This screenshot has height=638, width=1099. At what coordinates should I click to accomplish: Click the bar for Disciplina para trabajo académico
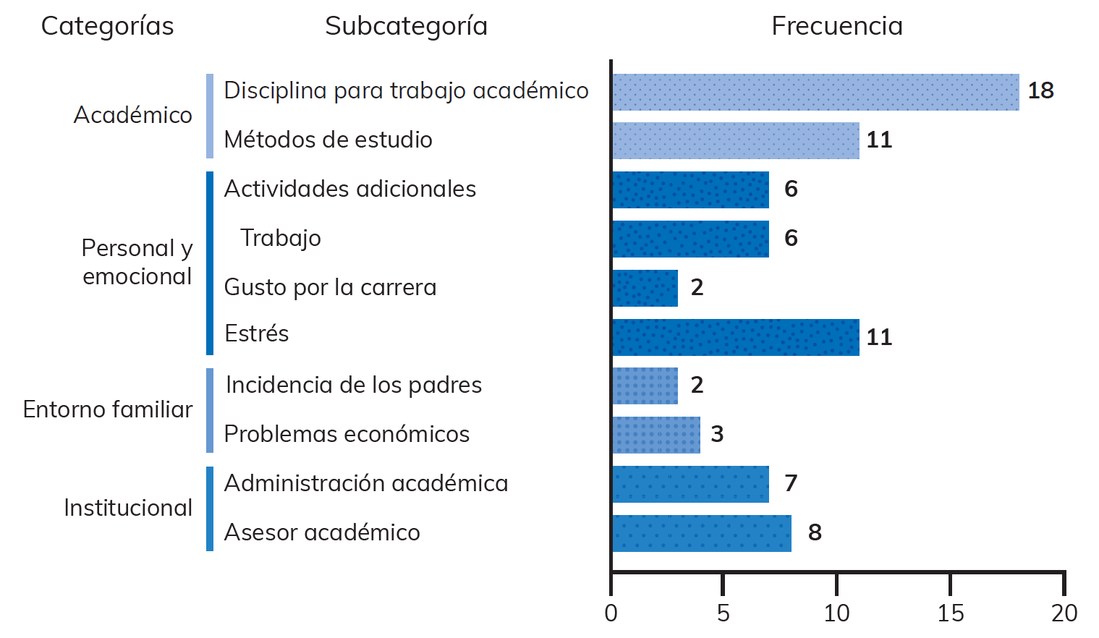click(x=815, y=92)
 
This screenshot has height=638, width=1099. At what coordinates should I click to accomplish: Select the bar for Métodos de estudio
click(x=736, y=140)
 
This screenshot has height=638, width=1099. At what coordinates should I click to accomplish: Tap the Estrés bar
click(x=736, y=337)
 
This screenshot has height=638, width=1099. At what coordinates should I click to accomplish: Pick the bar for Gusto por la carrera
click(x=645, y=288)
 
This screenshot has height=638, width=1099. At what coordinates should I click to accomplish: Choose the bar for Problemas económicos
click(x=656, y=435)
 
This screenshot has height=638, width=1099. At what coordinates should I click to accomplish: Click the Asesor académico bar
click(x=702, y=533)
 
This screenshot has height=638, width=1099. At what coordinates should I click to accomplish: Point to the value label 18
click(x=1040, y=91)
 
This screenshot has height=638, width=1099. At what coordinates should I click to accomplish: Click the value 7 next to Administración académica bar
click(x=791, y=483)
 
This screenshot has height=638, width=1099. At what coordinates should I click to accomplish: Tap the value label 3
click(x=717, y=434)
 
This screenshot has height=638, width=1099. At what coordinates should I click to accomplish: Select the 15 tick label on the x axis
click(x=950, y=613)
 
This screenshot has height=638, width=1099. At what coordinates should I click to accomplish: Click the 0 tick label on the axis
click(x=611, y=613)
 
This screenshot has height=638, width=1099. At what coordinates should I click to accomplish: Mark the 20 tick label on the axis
click(x=1064, y=613)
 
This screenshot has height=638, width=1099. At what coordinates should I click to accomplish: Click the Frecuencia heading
click(x=837, y=26)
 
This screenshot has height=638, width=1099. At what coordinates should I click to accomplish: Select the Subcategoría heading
click(x=406, y=26)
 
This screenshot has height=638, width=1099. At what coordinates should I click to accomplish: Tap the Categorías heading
click(x=107, y=26)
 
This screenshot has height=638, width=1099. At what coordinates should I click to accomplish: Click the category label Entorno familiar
click(x=108, y=409)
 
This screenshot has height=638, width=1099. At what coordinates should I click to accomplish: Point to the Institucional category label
click(x=128, y=508)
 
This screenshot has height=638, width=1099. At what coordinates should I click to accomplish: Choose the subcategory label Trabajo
click(x=281, y=238)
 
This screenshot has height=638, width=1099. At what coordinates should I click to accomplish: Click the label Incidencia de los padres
click(x=354, y=385)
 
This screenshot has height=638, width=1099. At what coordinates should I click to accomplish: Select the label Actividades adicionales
click(x=350, y=189)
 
